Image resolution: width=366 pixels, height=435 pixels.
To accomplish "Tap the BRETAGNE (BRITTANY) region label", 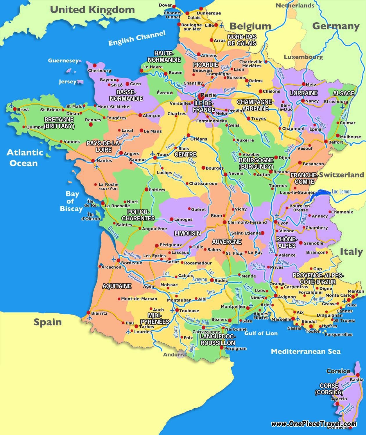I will (59, 123).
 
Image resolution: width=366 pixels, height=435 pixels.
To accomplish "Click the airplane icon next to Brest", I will (12, 106).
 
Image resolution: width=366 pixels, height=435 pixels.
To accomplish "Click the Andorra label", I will (174, 354).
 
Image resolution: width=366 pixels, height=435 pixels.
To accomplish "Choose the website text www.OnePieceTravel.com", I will (314, 424).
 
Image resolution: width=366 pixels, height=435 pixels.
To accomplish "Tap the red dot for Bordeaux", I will (119, 260).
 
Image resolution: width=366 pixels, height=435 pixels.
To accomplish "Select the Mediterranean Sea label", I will (306, 351).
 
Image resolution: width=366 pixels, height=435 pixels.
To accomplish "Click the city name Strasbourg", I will (336, 102).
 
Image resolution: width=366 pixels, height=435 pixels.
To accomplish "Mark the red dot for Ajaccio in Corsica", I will (337, 404).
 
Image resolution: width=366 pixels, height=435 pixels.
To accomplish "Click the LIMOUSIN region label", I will (188, 233).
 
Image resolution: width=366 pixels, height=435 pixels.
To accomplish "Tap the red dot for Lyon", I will (275, 222).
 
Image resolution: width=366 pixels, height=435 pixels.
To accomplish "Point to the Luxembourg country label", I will (303, 57).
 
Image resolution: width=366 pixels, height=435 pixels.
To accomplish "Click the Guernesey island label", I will (63, 61).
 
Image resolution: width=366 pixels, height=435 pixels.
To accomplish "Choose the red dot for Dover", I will (174, 6).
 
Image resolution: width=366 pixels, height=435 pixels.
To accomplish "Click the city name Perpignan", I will (235, 348).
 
